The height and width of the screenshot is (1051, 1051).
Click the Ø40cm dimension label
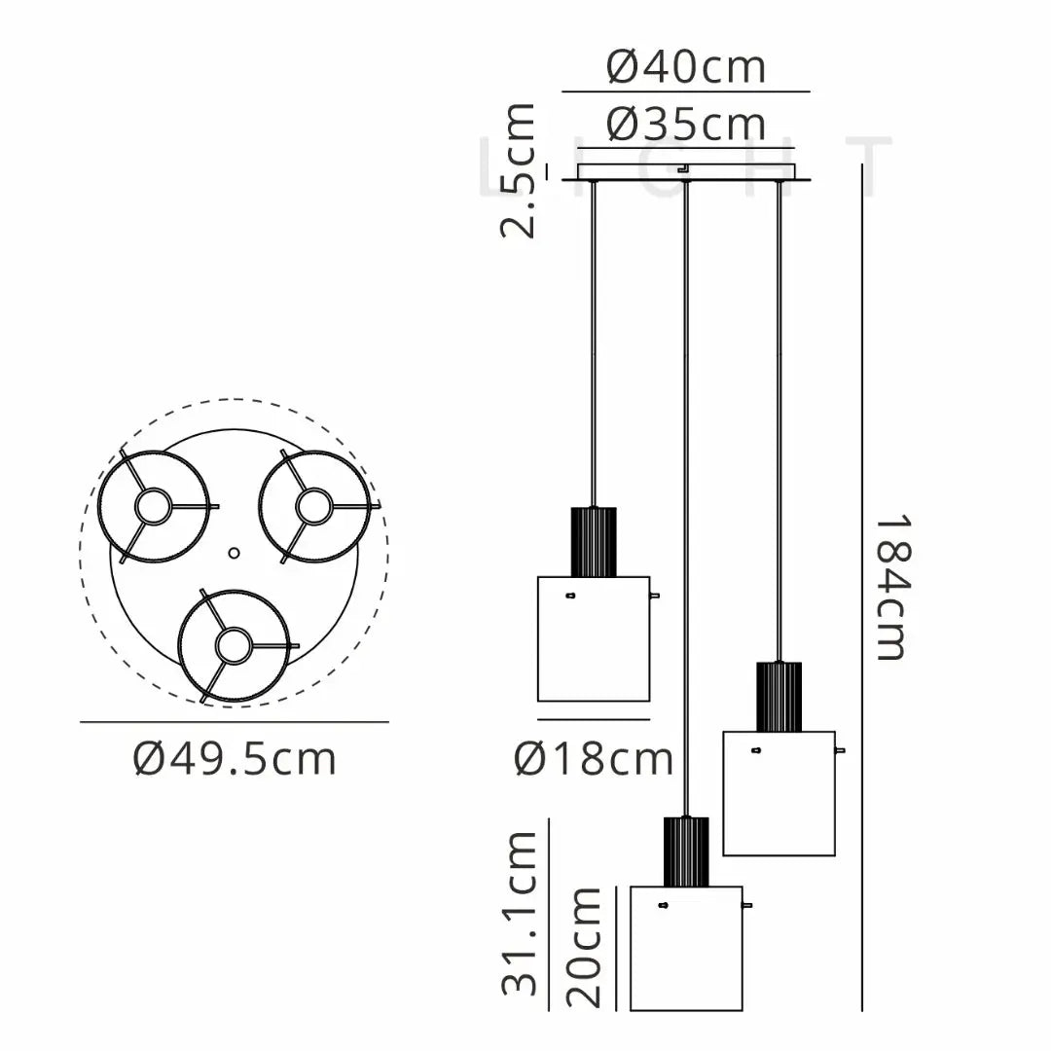point(686,67)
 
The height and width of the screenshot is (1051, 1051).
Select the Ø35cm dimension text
point(686,125)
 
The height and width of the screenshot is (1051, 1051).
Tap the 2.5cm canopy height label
point(518,171)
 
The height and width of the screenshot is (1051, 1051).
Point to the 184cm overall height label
point(892,587)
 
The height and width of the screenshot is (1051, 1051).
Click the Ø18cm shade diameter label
point(594,759)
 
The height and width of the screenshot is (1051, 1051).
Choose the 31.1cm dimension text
point(519,913)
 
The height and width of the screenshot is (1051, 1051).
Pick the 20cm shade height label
point(583,947)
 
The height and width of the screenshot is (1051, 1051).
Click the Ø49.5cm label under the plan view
point(235,759)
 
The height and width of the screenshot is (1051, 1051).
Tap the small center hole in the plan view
point(234,553)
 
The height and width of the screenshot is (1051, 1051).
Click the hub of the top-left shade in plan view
point(153,506)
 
